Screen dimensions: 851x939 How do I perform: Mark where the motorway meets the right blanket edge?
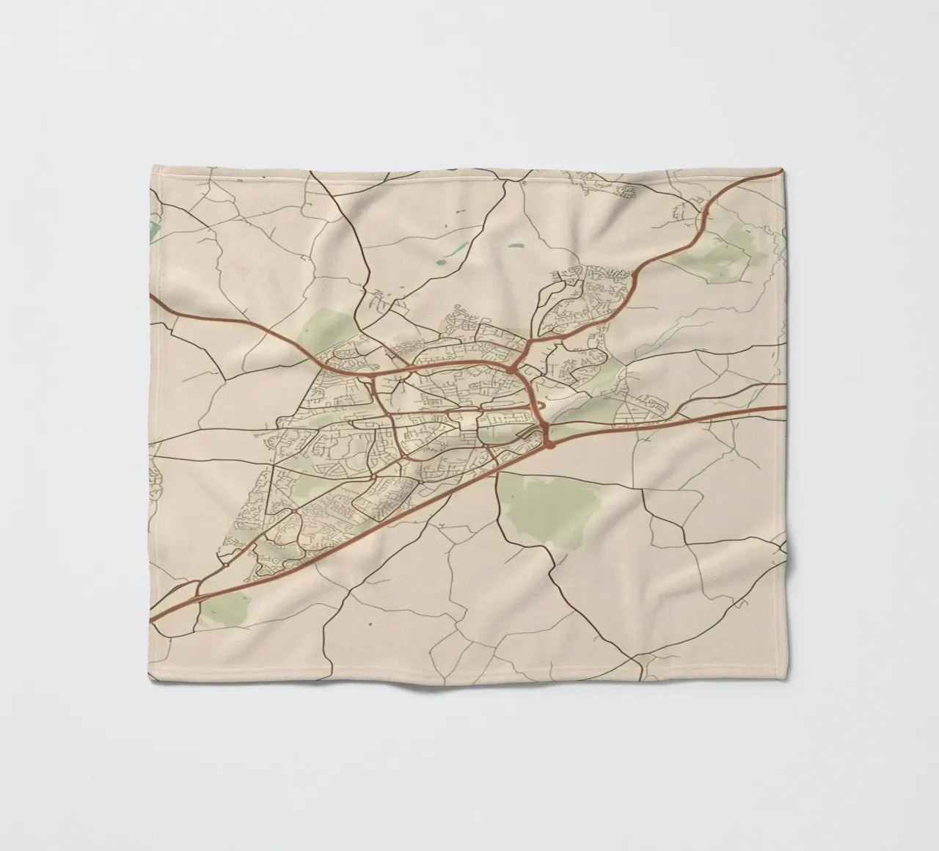[x=786, y=408]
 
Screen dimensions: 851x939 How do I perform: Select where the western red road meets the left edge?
[x=151, y=296]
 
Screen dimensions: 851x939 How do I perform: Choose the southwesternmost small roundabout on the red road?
[x=227, y=566]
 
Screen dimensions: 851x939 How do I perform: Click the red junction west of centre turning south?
[x=374, y=377]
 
